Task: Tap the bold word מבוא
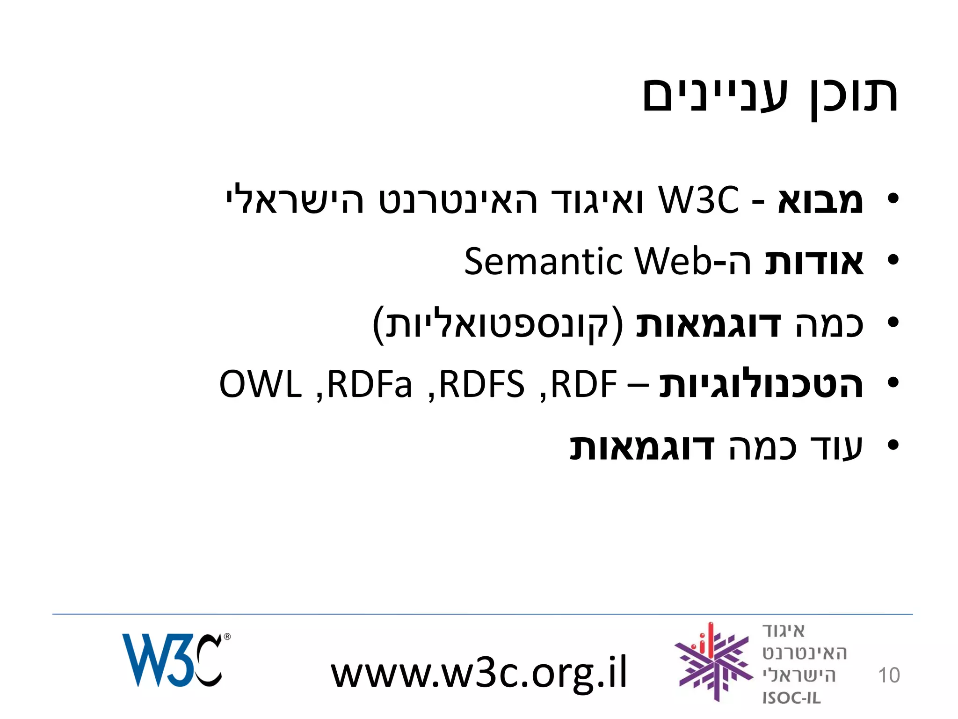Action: (820, 200)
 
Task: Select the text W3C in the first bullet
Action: (698, 200)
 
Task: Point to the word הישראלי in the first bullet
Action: (295, 200)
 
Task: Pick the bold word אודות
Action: (814, 261)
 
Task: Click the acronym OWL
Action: (260, 384)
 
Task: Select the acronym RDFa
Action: (370, 384)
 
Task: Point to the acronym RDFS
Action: (482, 384)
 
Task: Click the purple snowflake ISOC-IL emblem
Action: (713, 662)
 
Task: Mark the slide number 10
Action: (889, 675)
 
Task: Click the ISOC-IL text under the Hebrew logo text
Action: (791, 698)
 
